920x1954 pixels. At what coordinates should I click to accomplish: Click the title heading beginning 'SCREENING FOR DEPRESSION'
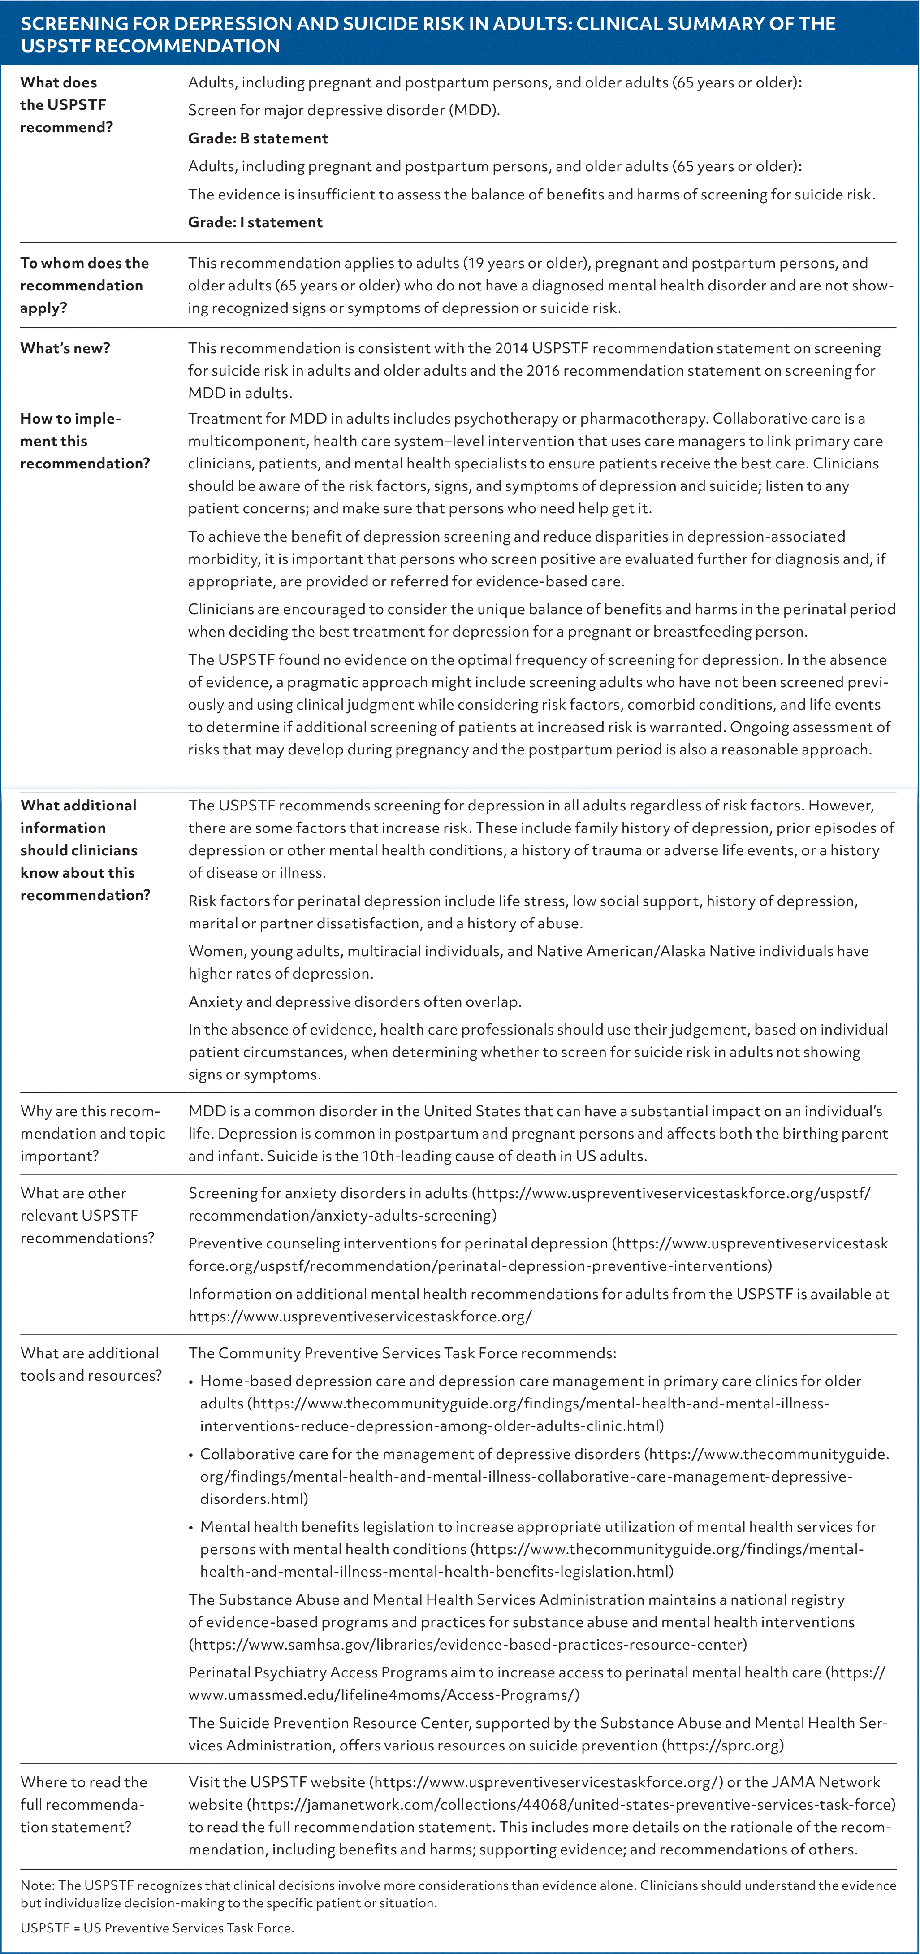pos(428,34)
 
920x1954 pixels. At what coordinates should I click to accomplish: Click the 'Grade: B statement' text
pos(258,138)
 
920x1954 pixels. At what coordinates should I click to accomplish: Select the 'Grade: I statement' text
pos(255,222)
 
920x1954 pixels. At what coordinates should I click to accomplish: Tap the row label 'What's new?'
pos(65,348)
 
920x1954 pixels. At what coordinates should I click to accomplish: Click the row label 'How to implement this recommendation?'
pos(84,441)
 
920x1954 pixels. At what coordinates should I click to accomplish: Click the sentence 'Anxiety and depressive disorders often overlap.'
pos(354,1001)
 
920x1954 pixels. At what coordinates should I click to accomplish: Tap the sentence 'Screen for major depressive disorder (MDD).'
pos(344,110)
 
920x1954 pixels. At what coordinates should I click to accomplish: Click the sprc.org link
pos(723,1746)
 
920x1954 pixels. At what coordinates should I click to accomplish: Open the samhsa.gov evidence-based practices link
pos(467,1645)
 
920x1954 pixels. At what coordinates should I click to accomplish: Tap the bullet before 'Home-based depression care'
pos(192,1382)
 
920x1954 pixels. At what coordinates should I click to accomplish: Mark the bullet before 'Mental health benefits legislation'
pos(192,1528)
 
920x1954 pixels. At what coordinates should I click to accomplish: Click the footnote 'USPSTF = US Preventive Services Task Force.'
pos(157,1928)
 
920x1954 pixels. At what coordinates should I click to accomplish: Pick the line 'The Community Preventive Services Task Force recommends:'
pos(402,1353)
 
